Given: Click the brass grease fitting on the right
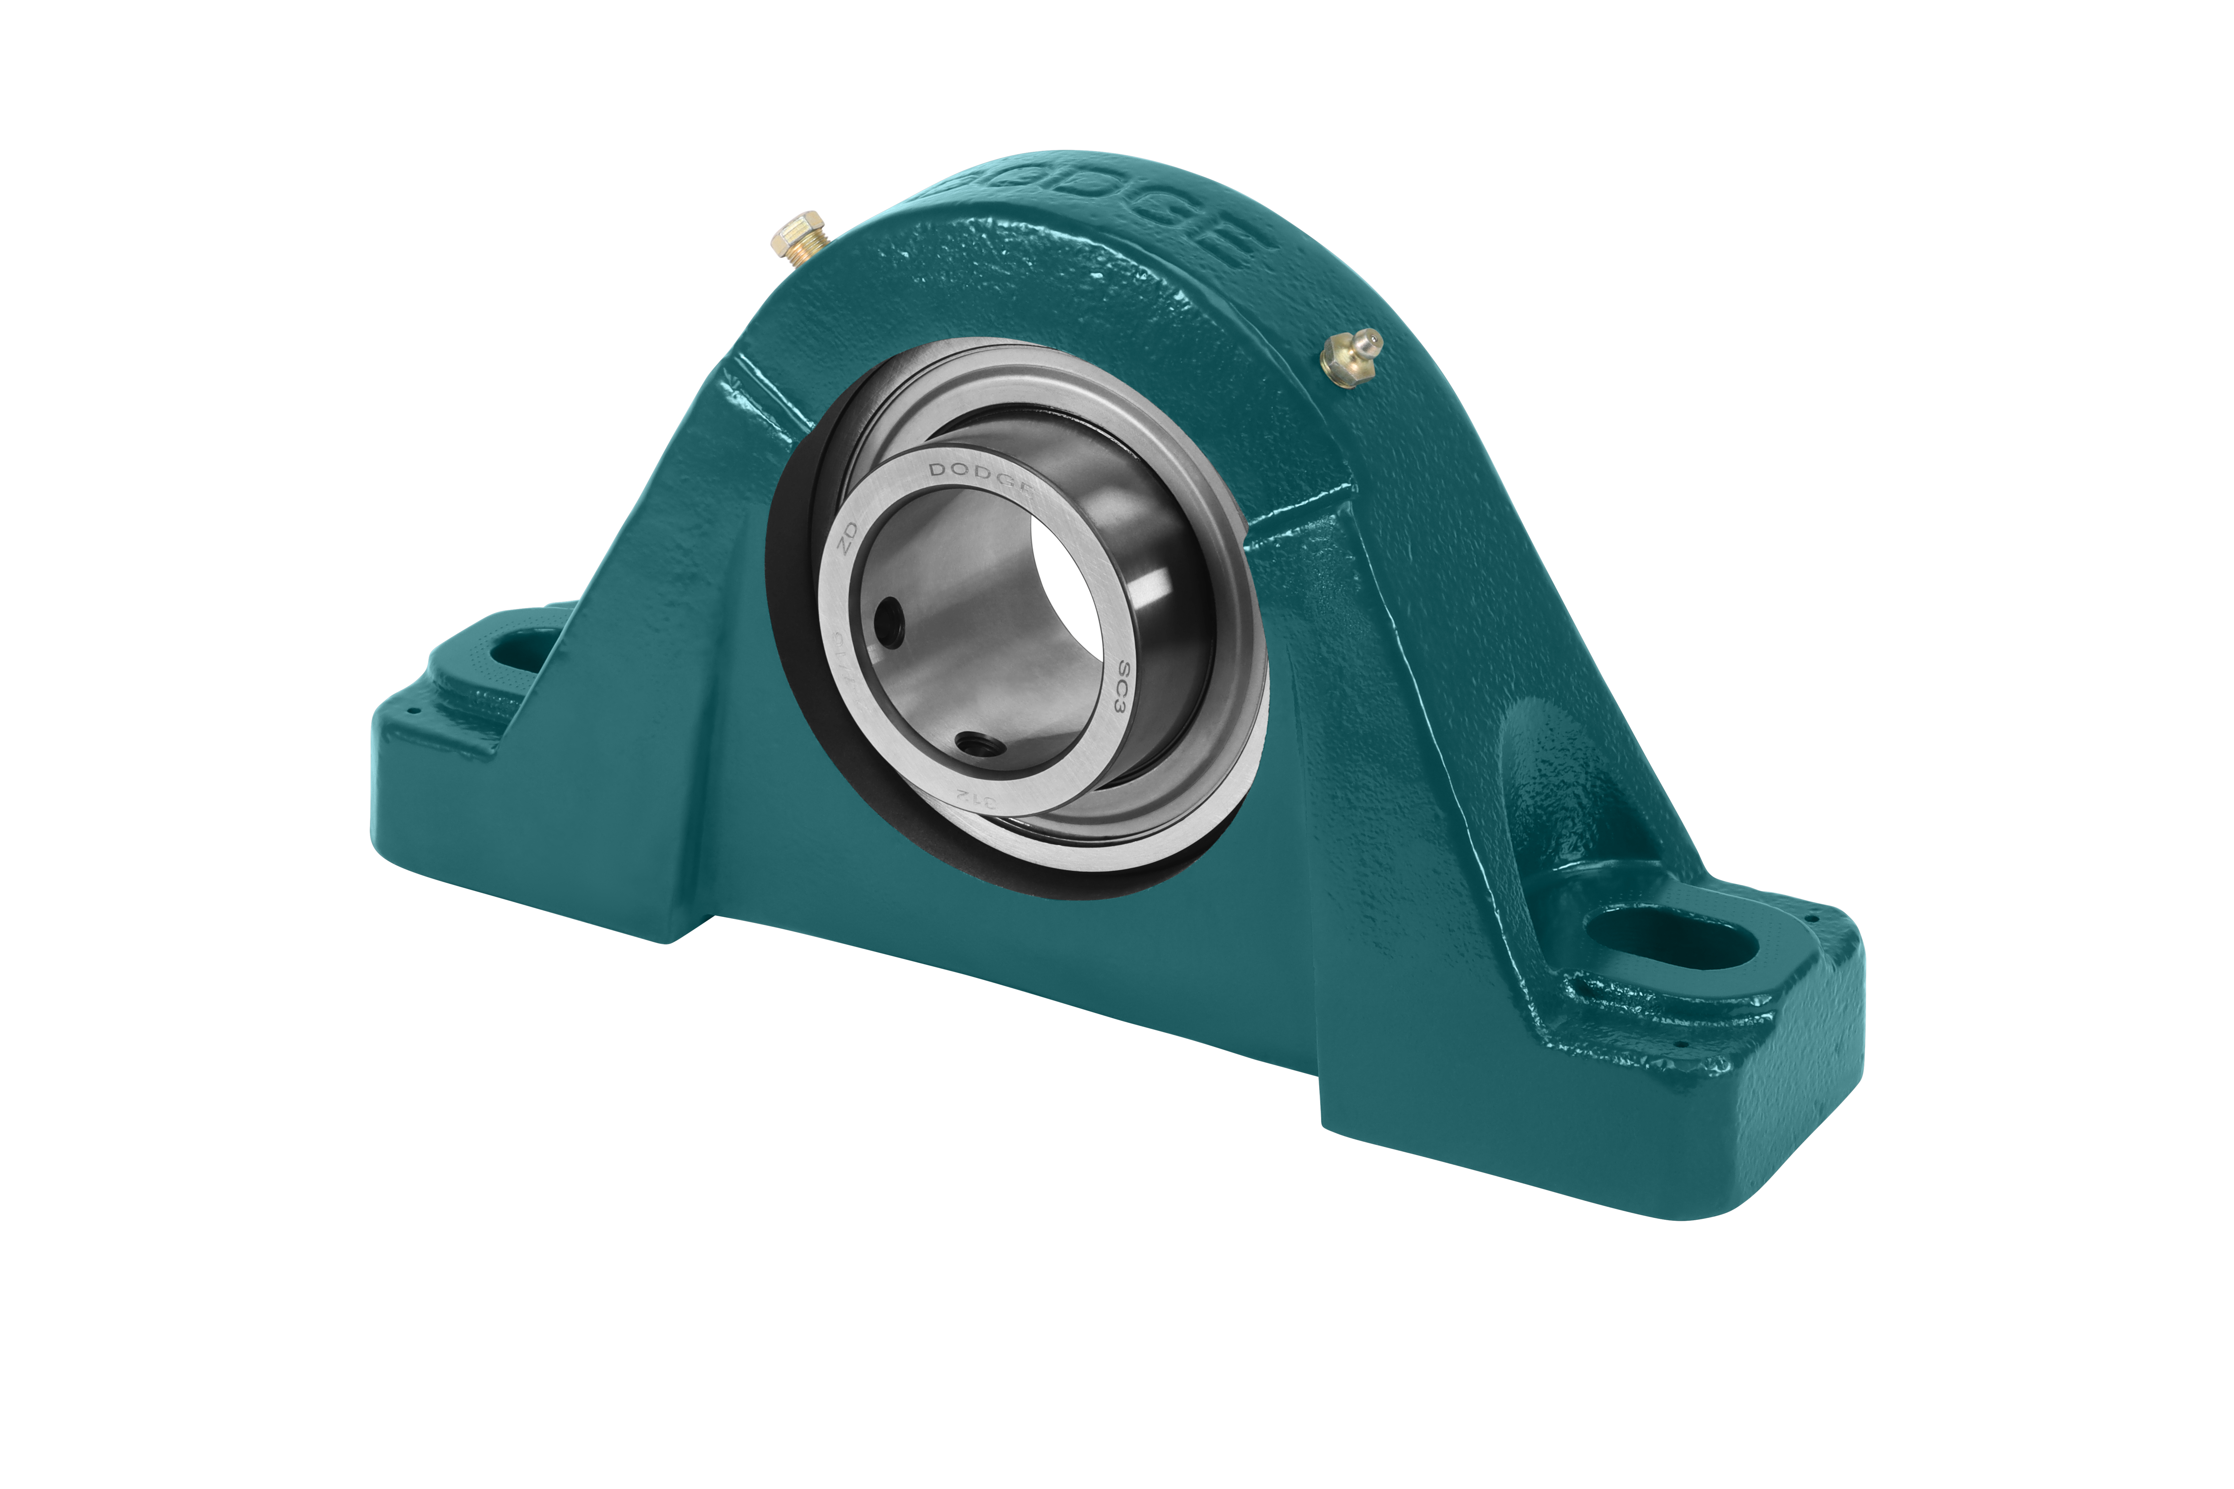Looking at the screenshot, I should (1351, 356).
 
